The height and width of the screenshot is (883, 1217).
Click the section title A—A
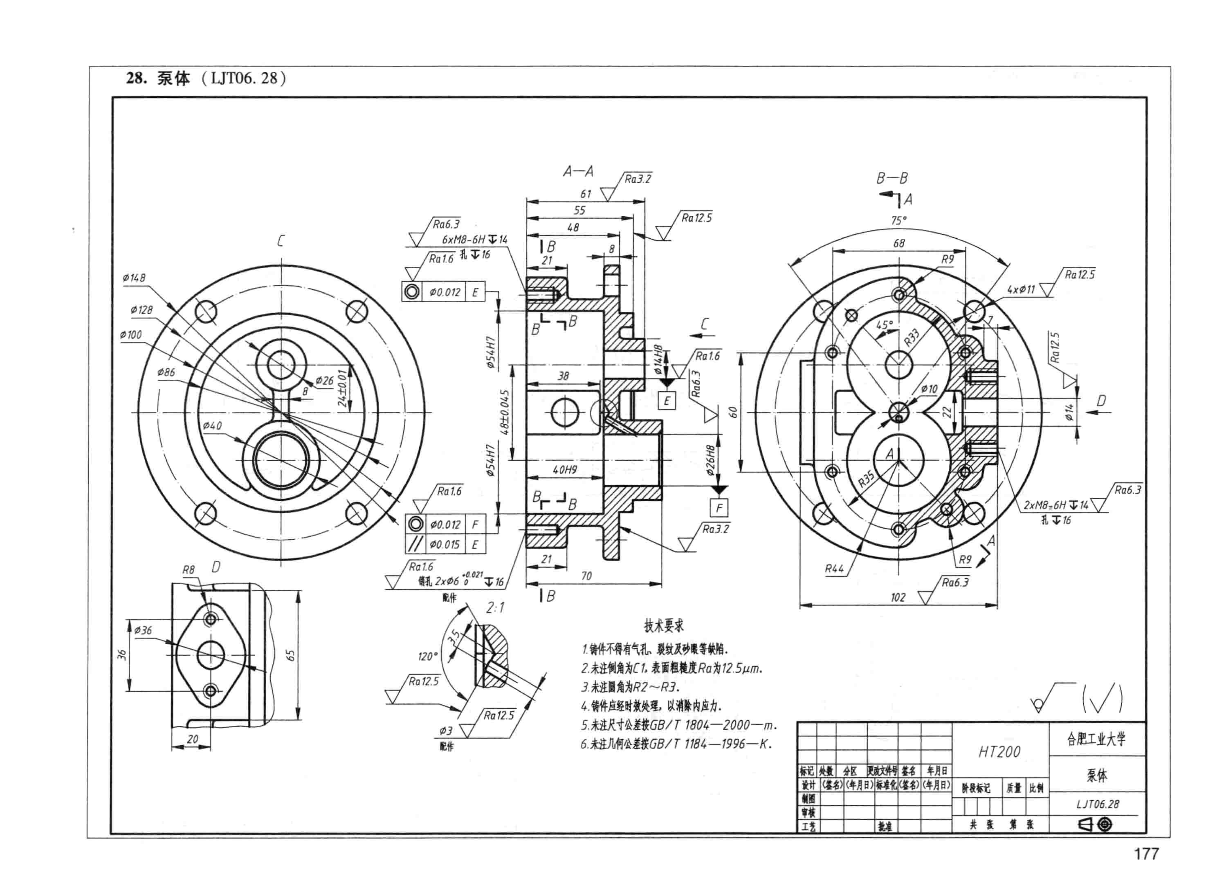tap(578, 172)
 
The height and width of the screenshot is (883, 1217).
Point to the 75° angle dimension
tap(899, 220)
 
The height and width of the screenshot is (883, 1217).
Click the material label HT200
tap(999, 752)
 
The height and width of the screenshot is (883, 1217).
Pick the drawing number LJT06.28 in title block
tap(1097, 804)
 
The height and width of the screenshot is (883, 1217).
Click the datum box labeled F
tap(718, 507)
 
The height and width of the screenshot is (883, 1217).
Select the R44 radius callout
tap(834, 569)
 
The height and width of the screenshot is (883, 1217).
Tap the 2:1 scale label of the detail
tap(495, 608)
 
